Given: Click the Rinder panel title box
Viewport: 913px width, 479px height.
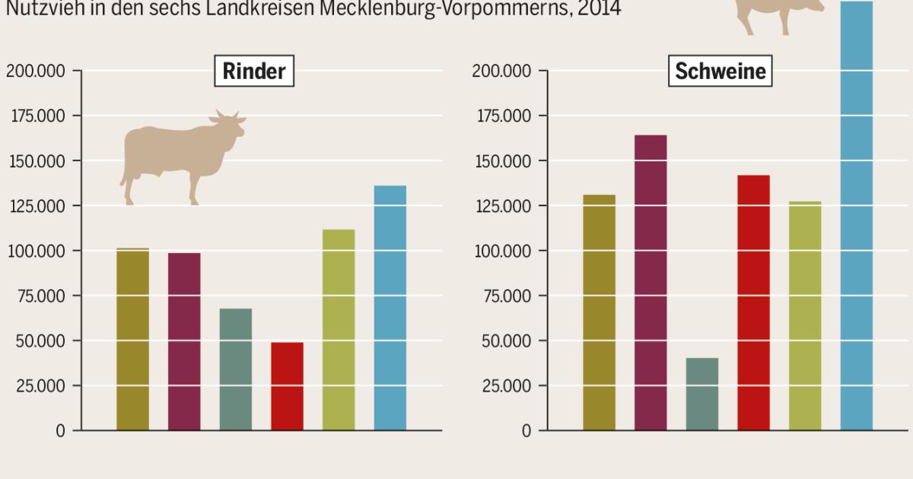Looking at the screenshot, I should pyautogui.click(x=254, y=71).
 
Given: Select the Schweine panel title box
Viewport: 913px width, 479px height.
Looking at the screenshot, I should pyautogui.click(x=720, y=71).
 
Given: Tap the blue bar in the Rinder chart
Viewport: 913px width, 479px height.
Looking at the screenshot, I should pyautogui.click(x=390, y=308).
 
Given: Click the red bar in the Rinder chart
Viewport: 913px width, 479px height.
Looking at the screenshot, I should pyautogui.click(x=287, y=386).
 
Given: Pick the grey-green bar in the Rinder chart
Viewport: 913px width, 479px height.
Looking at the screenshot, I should pyautogui.click(x=236, y=370).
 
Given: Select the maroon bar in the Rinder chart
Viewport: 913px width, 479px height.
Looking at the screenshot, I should pyautogui.click(x=184, y=341).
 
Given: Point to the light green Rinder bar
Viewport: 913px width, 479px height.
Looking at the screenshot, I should pyautogui.click(x=339, y=329).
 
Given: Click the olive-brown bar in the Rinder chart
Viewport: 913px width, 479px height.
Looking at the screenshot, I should pyautogui.click(x=132, y=339).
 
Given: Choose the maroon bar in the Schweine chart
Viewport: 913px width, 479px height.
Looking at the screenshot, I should pyautogui.click(x=651, y=282).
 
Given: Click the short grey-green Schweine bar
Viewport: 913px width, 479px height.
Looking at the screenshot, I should pyautogui.click(x=702, y=394).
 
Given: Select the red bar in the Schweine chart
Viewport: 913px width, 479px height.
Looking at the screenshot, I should pyautogui.click(x=754, y=303).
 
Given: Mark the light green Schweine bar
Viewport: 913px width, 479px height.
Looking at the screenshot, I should pyautogui.click(x=805, y=316).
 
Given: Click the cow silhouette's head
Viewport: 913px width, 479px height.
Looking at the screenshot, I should pyautogui.click(x=229, y=126).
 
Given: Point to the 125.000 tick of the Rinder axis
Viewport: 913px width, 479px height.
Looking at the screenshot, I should pyautogui.click(x=37, y=206).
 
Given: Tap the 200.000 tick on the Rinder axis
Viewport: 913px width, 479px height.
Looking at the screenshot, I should pyautogui.click(x=37, y=71).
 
